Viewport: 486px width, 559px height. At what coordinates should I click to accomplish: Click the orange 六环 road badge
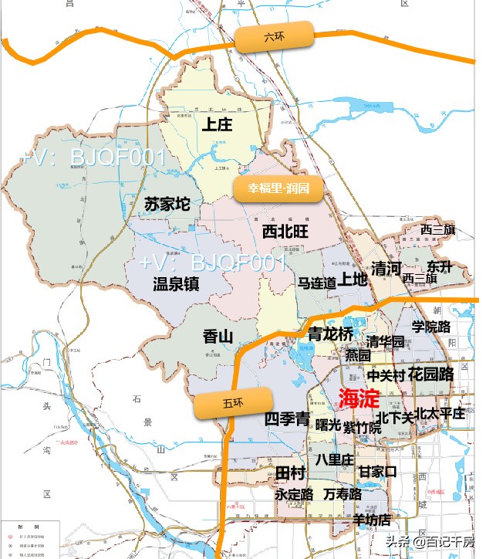point(274,37)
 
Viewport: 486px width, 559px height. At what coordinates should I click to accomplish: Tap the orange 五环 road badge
point(234,403)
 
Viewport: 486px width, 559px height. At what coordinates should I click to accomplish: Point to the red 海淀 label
point(359,398)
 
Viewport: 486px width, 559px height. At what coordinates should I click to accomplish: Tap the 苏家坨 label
point(167,205)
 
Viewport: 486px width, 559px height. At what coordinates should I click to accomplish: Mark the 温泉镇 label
point(176,283)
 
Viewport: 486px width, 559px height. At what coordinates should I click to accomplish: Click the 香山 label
point(218,337)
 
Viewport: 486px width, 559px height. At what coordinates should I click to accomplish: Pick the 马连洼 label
point(317,283)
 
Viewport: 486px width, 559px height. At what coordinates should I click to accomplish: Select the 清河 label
point(386,269)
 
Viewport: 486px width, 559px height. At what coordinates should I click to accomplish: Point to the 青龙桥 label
point(330,334)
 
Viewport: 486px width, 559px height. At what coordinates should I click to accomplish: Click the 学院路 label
point(430,327)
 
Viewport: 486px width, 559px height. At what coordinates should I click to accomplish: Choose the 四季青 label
point(287,418)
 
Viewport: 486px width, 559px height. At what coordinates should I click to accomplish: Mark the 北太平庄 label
point(439,413)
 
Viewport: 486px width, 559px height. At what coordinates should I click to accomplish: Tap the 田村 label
point(290,472)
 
